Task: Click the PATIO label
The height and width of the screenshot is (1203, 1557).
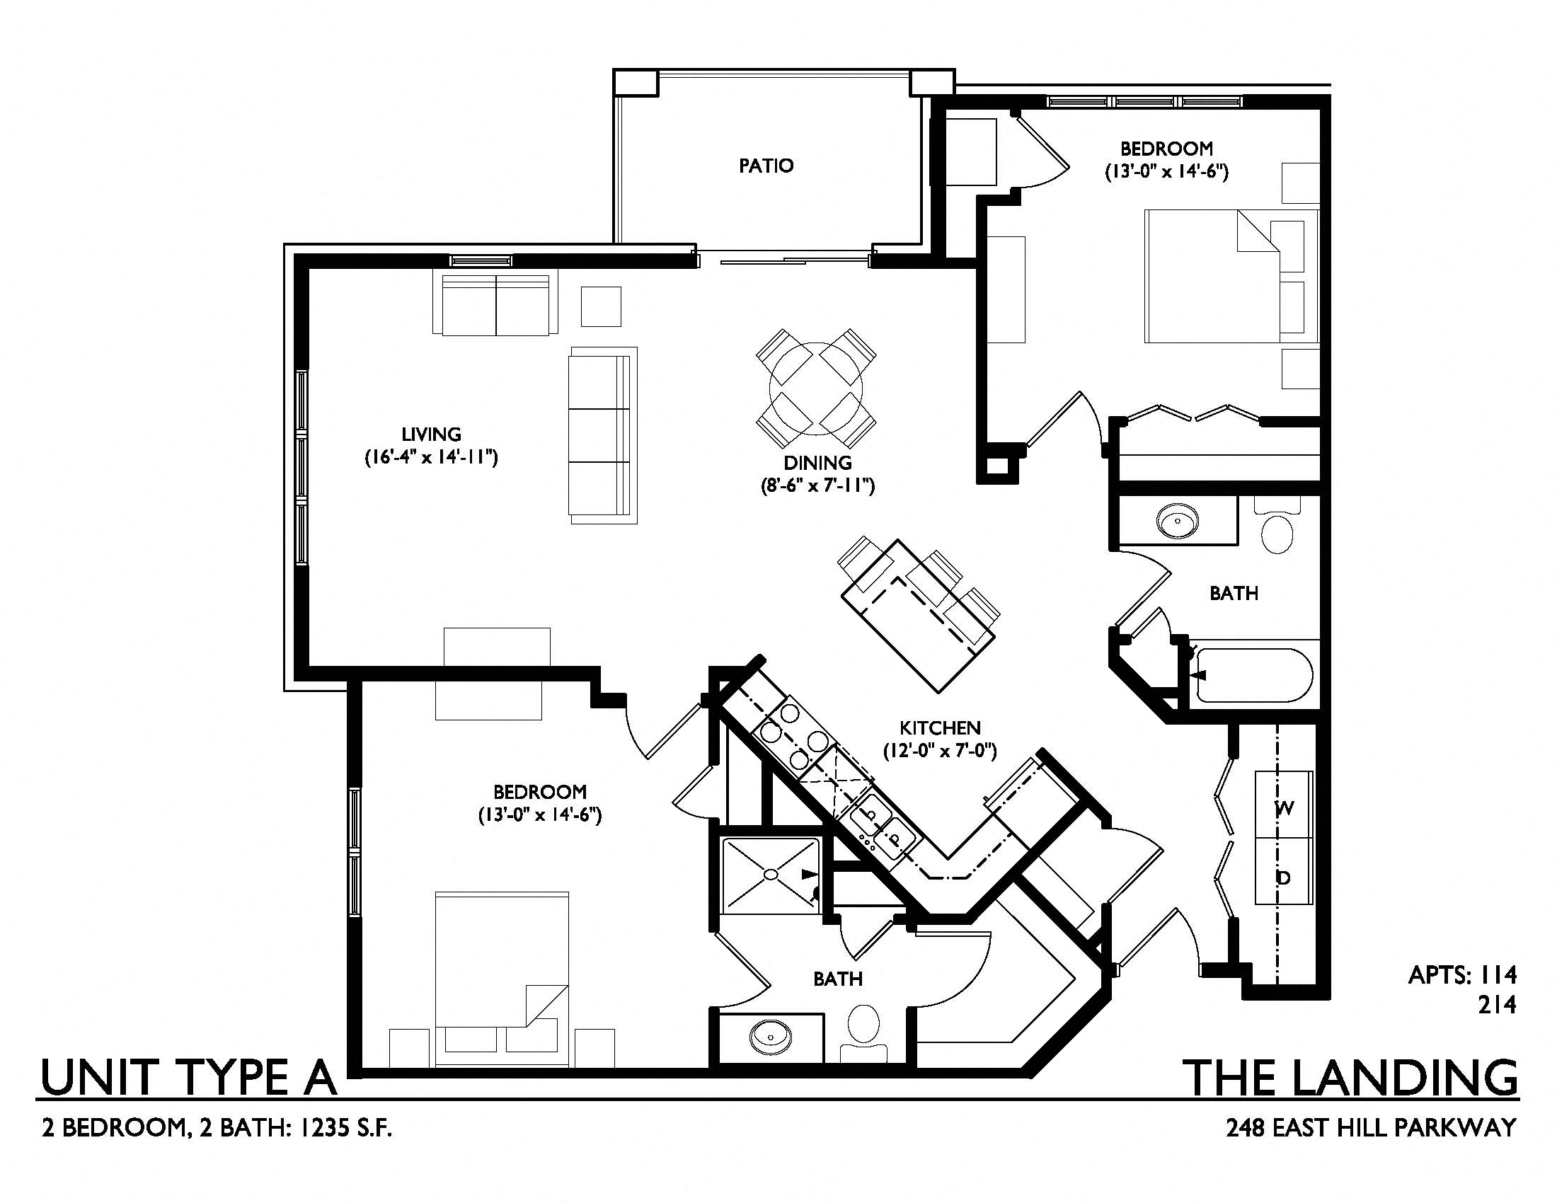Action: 766,166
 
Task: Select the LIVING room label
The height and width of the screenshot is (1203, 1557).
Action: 431,434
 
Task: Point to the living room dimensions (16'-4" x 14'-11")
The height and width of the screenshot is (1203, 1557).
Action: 431,457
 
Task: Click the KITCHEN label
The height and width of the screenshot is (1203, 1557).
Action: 940,727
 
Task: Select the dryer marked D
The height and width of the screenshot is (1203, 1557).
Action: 1283,871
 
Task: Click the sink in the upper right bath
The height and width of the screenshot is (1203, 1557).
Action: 1178,521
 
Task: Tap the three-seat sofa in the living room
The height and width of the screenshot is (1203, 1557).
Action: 602,435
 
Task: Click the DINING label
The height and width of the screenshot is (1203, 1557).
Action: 817,463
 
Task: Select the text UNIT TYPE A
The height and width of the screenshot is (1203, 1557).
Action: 189,1078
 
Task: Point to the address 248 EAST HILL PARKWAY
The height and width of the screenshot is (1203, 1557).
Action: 1371,1128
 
